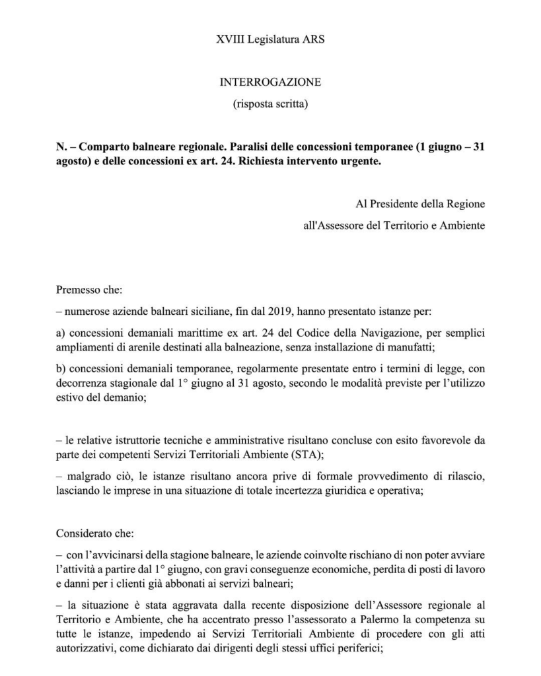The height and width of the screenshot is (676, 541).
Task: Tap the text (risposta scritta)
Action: coord(270,104)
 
